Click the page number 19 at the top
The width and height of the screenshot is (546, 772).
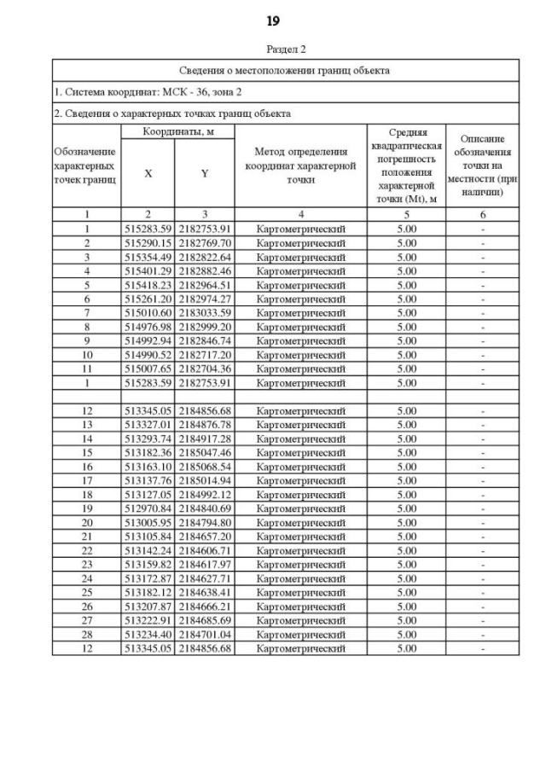pyautogui.click(x=273, y=21)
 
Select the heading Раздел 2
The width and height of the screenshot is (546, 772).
pyautogui.click(x=285, y=49)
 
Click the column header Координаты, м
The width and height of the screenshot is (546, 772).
pyautogui.click(x=177, y=131)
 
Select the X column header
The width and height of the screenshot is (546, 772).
pyautogui.click(x=148, y=173)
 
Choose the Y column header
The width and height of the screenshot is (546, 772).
pyautogui.click(x=204, y=173)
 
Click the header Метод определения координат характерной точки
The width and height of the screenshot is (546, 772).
pyautogui.click(x=300, y=166)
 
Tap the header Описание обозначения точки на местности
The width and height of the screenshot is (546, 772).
pyautogui.click(x=483, y=166)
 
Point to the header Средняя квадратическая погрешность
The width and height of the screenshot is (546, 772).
pyautogui.click(x=407, y=166)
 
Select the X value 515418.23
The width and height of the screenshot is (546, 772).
pyautogui.click(x=148, y=285)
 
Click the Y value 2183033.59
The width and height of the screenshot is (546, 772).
pyautogui.click(x=204, y=313)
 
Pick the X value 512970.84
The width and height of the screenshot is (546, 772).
pyautogui.click(x=148, y=508)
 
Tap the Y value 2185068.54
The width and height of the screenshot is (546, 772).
pyautogui.click(x=204, y=467)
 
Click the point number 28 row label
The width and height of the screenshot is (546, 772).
pyautogui.click(x=86, y=635)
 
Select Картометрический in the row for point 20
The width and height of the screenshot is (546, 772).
pyautogui.click(x=300, y=522)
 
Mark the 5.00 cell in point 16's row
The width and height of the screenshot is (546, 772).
pyautogui.click(x=407, y=467)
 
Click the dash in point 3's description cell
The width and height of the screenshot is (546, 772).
pyautogui.click(x=483, y=257)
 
